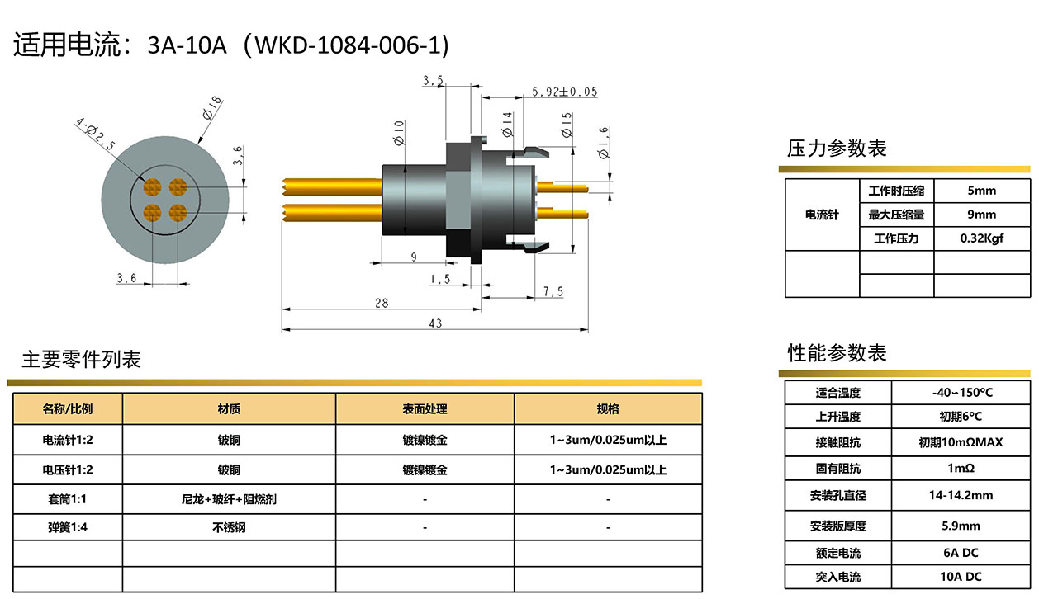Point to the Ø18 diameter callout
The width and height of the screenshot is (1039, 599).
pyautogui.click(x=212, y=108)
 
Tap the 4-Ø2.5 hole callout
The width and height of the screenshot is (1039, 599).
pyautogui.click(x=96, y=134)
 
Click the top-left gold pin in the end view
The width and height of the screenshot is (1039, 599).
pyautogui.click(x=152, y=187)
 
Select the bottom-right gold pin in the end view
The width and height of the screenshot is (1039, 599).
pyautogui.click(x=178, y=213)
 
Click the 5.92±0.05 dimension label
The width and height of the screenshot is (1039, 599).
pyautogui.click(x=564, y=92)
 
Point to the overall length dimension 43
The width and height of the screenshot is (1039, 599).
pyautogui.click(x=435, y=323)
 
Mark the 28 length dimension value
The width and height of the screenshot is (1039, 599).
pyautogui.click(x=382, y=303)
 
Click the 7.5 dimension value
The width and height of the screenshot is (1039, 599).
pyautogui.click(x=553, y=291)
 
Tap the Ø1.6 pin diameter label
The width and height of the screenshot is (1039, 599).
pyautogui.click(x=604, y=143)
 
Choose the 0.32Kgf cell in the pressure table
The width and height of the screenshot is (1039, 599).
pyautogui.click(x=981, y=238)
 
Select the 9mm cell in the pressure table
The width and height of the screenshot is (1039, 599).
pyautogui.click(x=981, y=215)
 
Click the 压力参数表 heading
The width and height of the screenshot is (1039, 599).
pyautogui.click(x=837, y=149)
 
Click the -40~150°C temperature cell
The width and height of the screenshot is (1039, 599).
pyautogui.click(x=962, y=393)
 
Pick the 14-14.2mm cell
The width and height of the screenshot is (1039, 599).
pyautogui.click(x=961, y=495)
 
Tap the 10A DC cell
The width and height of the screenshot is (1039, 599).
pyautogui.click(x=961, y=576)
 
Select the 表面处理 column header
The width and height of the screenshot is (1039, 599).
pyautogui.click(x=425, y=408)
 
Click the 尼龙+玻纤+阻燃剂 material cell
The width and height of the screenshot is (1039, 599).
pyautogui.click(x=229, y=499)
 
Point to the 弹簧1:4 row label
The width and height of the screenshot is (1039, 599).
pyautogui.click(x=67, y=527)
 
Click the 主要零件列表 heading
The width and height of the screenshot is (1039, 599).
pyautogui.click(x=81, y=360)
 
